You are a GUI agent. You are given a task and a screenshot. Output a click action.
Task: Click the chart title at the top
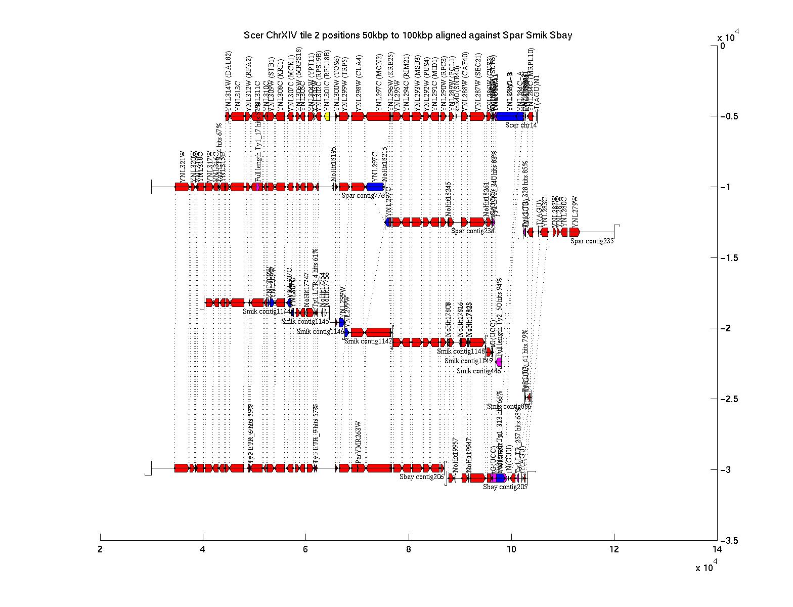(408, 35)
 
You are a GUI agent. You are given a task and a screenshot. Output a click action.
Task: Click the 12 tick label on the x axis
(614, 550)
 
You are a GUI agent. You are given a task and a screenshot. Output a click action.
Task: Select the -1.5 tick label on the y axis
(730, 258)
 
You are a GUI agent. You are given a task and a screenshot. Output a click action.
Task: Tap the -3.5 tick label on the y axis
(730, 541)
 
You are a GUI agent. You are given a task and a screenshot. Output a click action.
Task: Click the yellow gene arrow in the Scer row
(327, 116)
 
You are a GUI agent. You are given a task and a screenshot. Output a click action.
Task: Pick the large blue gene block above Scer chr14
(510, 116)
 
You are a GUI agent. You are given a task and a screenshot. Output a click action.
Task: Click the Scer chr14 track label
(521, 125)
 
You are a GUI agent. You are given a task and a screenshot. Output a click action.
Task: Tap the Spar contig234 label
(472, 231)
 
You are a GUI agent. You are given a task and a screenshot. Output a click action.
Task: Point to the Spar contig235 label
(592, 241)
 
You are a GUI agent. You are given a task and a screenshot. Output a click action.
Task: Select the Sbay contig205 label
(505, 487)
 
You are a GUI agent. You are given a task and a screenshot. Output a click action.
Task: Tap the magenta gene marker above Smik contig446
(499, 362)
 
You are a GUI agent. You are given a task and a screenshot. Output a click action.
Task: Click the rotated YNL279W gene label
(575, 212)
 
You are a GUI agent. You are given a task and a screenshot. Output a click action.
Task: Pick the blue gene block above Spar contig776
(375, 187)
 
